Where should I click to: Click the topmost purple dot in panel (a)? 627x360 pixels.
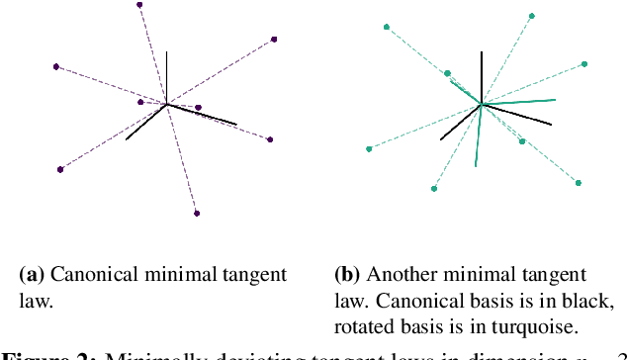coord(139,5)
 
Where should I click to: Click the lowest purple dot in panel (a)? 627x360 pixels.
coord(197,213)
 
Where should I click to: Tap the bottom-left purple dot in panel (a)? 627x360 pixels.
coord(60,169)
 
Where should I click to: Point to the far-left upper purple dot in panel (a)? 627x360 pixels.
coord(56,66)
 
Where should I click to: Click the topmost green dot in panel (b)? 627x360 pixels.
coord(532,16)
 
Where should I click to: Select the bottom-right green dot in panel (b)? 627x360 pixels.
coord(579,182)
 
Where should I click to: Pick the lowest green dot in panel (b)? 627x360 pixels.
coord(434,188)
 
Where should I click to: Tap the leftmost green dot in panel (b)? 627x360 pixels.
coord(369,149)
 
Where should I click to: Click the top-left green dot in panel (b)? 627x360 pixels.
coord(386,27)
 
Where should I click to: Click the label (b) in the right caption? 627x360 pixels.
coord(346,274)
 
